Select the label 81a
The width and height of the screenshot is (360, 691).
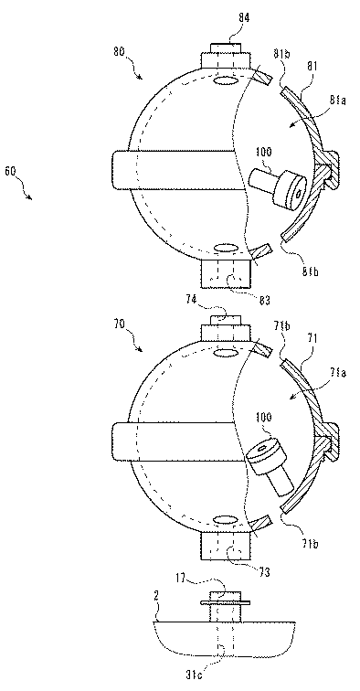pos(338,101)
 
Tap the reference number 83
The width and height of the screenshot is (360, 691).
pos(264,301)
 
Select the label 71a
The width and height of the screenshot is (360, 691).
pos(338,374)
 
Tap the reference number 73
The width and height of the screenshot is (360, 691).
pos(264,573)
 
